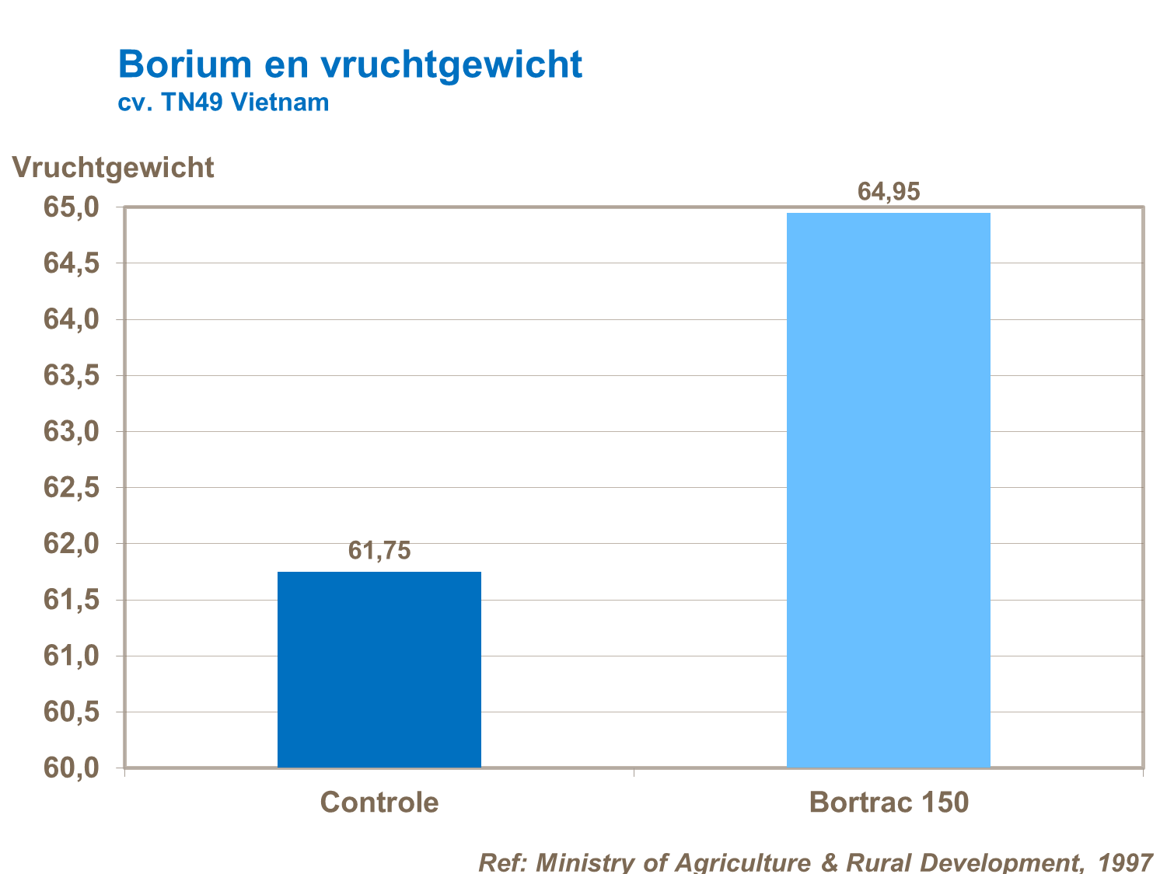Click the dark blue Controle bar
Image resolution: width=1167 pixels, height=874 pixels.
click(379, 670)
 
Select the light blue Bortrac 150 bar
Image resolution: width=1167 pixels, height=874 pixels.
click(888, 489)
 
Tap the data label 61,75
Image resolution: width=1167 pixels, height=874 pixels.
click(379, 551)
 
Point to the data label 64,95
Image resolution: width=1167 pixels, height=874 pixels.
click(888, 191)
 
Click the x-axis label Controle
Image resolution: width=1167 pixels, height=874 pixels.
click(379, 802)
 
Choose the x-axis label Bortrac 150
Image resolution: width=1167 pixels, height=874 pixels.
click(889, 802)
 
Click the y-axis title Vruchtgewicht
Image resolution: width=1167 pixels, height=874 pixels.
click(114, 168)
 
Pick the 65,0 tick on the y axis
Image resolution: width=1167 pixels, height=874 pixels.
click(72, 207)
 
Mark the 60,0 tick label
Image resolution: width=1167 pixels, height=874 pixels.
click(72, 768)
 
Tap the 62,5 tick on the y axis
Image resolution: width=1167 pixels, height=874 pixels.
click(72, 488)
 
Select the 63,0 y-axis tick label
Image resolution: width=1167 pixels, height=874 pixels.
click(72, 431)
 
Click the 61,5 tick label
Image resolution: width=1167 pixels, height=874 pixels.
click(72, 600)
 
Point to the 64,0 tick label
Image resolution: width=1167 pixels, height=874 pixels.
click(72, 319)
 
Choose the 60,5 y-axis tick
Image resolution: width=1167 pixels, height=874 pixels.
click(72, 712)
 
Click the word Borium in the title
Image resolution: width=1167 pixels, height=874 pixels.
click(185, 64)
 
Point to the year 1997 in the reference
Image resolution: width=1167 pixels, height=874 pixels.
click(1125, 862)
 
